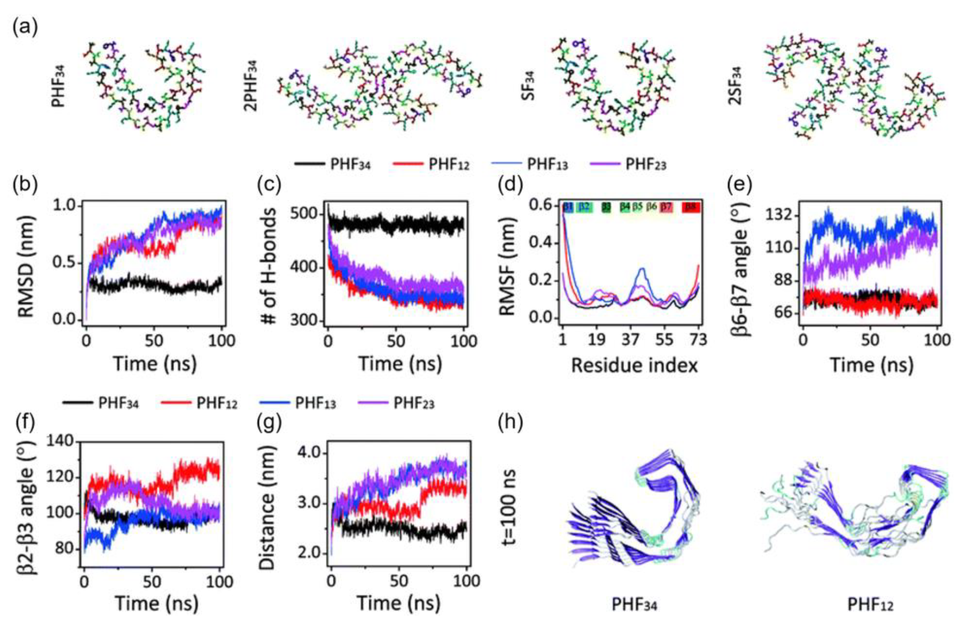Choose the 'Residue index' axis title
click(634, 365)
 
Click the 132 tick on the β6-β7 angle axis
click(778, 216)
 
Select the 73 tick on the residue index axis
click(698, 340)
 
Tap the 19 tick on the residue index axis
click(597, 340)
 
